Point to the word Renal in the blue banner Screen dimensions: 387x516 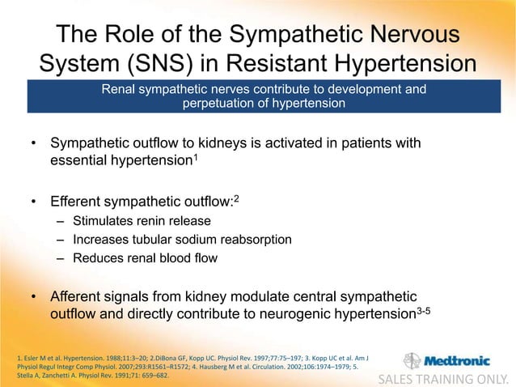[118, 89]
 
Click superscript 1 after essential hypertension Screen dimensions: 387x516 [198, 156]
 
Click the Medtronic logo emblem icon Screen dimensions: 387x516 [412, 361]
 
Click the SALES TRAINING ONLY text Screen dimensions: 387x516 [445, 377]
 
